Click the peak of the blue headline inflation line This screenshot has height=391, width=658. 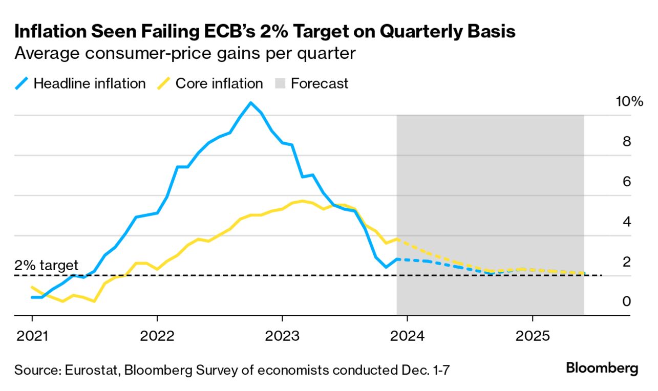point(250,103)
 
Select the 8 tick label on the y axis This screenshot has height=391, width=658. point(626,142)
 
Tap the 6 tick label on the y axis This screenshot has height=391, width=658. point(626,182)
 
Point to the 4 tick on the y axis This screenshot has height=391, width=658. point(626,222)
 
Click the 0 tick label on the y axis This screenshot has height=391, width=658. point(626,302)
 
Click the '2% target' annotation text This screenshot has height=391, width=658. point(47,265)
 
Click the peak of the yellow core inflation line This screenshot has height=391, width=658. point(302,201)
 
